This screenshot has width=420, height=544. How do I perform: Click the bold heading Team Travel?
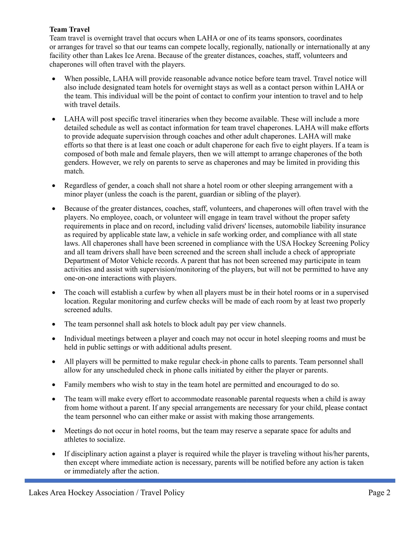point(69,29)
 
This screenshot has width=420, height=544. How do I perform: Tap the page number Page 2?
point(379,493)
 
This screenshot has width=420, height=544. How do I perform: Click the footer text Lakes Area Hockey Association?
point(81,493)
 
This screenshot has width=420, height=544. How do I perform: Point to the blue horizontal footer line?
point(210,481)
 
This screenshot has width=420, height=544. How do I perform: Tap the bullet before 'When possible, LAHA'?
point(54,79)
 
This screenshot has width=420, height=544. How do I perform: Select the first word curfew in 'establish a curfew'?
point(155,292)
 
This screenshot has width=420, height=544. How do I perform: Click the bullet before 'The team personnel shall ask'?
point(54,324)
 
